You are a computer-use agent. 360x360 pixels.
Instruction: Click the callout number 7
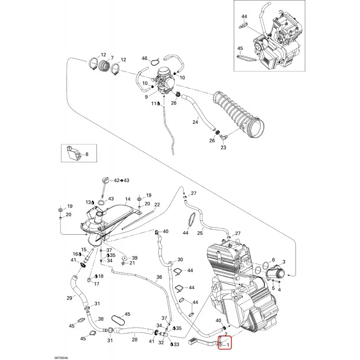click(112, 58)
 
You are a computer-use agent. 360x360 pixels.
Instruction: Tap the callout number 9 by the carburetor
click(146, 97)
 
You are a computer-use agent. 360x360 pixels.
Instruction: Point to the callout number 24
click(195, 122)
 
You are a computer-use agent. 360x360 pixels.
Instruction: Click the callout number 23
click(223, 147)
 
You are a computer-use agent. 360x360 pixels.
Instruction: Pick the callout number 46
click(144, 58)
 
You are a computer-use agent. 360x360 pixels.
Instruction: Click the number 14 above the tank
click(128, 199)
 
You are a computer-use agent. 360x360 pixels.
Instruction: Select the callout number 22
click(157, 204)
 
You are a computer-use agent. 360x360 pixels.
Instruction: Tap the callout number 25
click(200, 233)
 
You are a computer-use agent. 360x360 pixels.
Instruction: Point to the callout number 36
click(159, 277)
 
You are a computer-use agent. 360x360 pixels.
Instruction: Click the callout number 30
click(180, 260)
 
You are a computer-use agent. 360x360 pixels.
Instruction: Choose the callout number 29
click(69, 298)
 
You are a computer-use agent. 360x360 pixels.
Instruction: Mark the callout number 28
click(134, 339)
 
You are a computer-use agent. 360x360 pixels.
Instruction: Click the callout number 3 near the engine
click(284, 262)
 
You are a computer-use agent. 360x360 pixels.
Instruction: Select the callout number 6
click(273, 260)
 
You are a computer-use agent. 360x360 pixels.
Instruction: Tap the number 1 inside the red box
click(228, 345)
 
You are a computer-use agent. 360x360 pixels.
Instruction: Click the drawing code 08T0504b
click(61, 358)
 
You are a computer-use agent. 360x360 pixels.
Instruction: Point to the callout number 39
click(135, 258)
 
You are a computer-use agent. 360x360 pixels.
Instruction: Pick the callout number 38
click(101, 319)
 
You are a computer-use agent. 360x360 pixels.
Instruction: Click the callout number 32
click(161, 343)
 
